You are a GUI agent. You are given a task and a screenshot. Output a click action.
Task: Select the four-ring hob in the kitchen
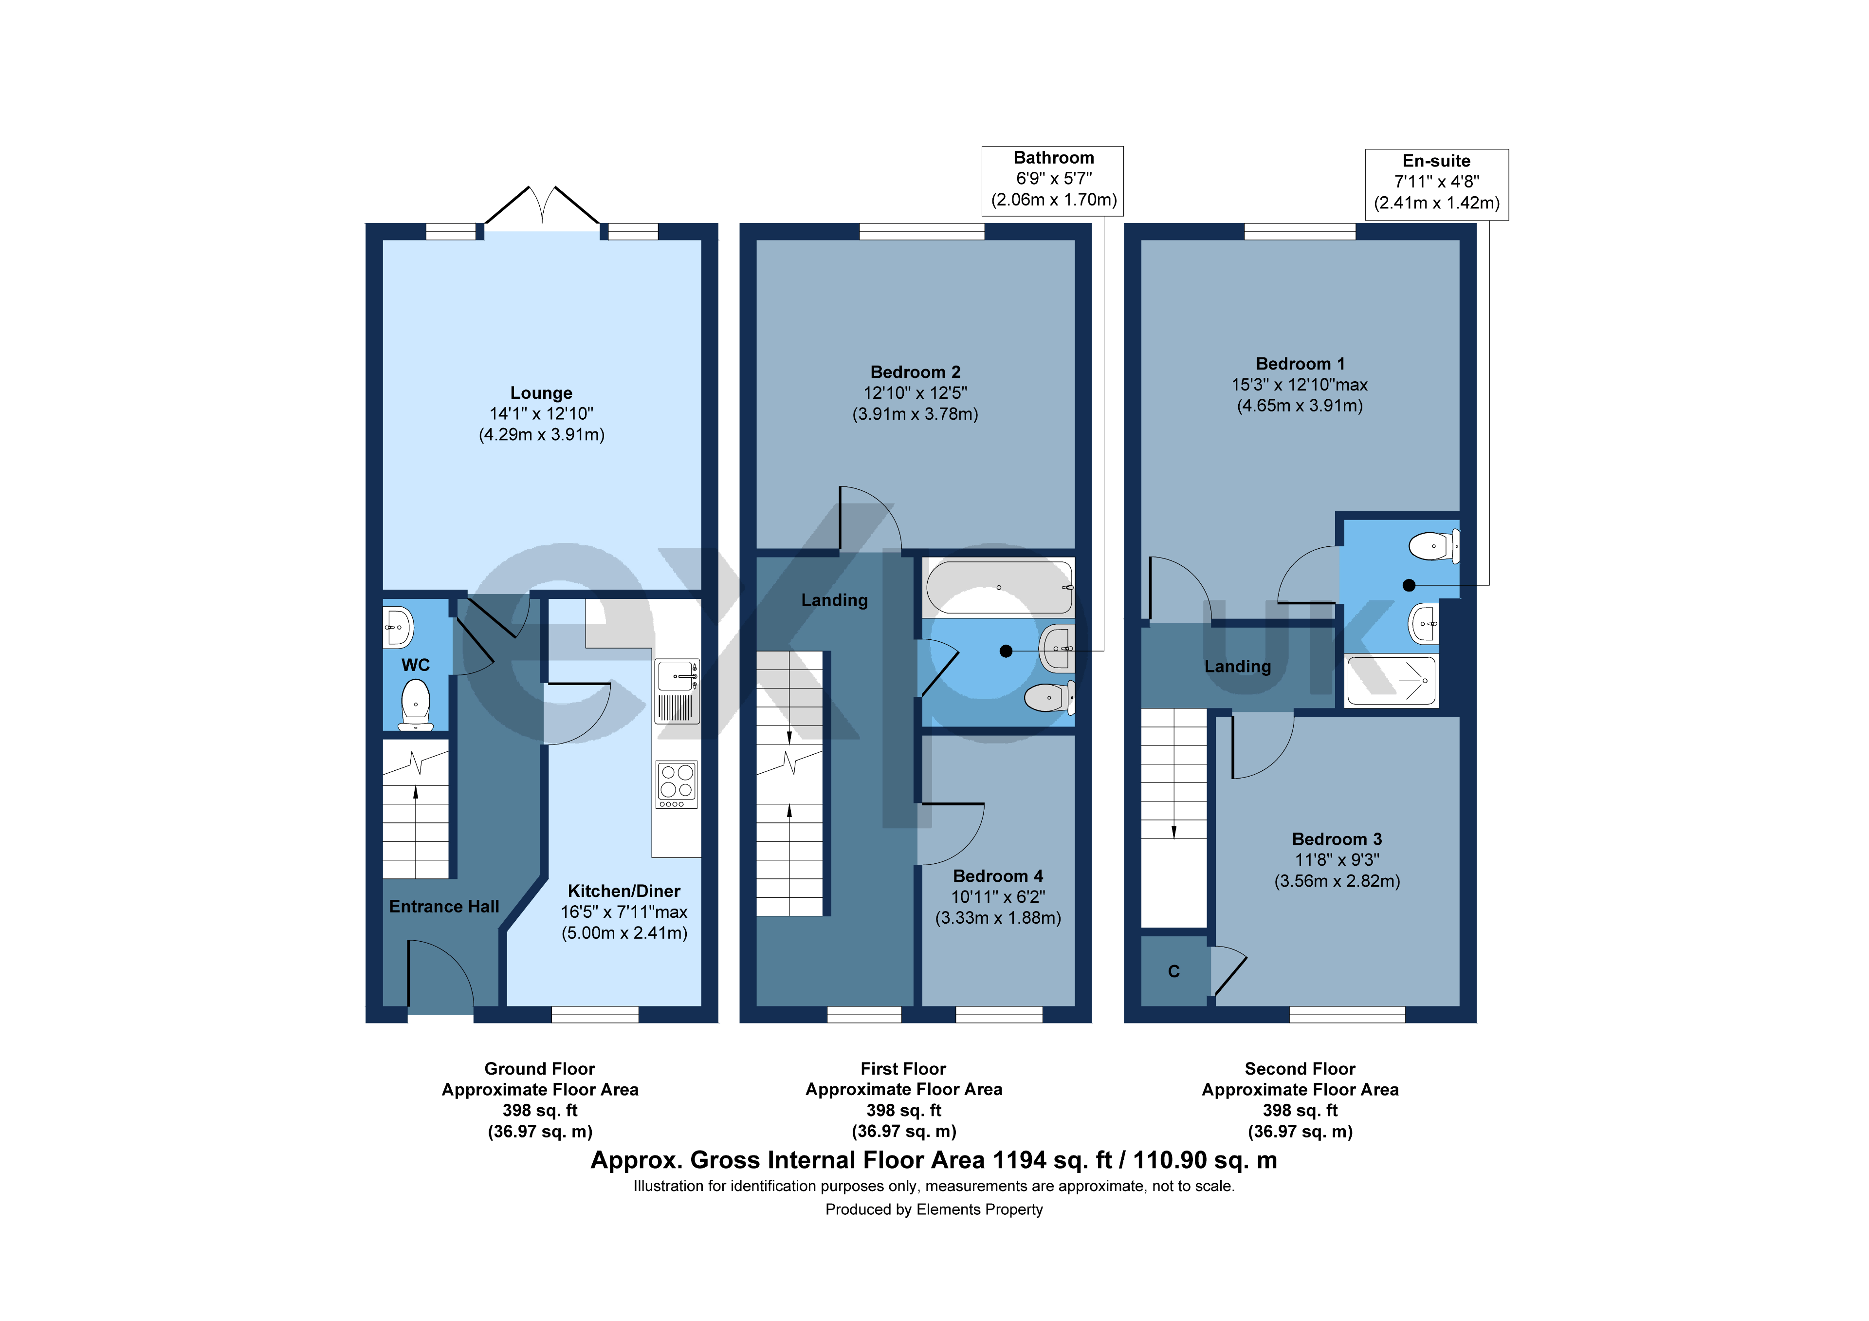pyautogui.click(x=676, y=784)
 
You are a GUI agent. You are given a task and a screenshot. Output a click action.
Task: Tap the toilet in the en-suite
pyautogui.click(x=1434, y=546)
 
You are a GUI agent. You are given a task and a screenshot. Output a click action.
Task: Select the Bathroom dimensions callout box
pyautogui.click(x=1053, y=180)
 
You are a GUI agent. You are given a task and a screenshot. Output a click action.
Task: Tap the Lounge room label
pyautogui.click(x=541, y=393)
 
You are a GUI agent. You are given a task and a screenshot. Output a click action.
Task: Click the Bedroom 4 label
pyautogui.click(x=997, y=876)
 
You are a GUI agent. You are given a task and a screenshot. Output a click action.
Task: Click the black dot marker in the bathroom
pyautogui.click(x=1006, y=651)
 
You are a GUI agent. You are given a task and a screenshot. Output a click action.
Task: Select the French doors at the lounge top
pyautogui.click(x=541, y=208)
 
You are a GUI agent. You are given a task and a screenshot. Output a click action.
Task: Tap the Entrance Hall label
pyautogui.click(x=443, y=907)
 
